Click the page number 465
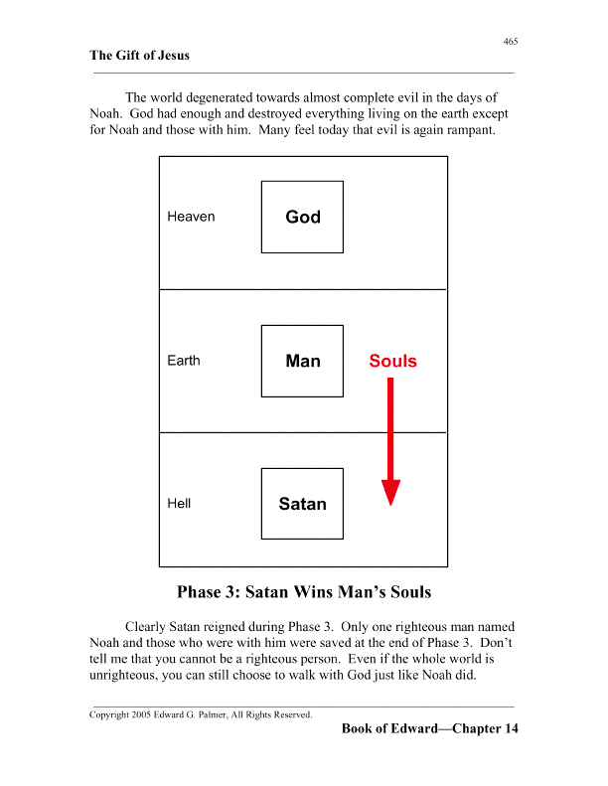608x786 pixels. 511,41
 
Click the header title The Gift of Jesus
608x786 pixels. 139,56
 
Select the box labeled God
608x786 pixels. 302,217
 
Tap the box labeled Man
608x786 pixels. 302,361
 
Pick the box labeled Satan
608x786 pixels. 302,504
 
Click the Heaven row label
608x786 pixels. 191,217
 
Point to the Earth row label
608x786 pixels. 183,361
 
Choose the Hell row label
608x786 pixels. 179,504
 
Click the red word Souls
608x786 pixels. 392,361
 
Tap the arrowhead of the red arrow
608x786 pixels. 391,493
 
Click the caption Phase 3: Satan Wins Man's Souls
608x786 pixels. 304,592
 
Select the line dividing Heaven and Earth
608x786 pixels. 303,289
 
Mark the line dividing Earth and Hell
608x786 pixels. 303,432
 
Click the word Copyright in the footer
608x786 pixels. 109,714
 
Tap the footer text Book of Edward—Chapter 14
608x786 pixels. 429,729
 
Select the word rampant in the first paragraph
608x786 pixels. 469,131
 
